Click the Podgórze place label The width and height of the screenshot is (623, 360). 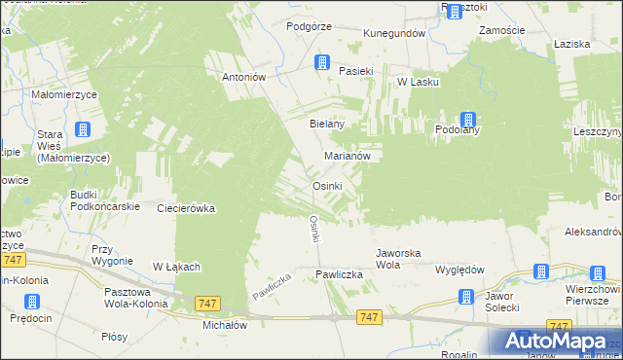(x=310, y=26)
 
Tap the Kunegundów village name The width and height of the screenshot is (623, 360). (x=395, y=33)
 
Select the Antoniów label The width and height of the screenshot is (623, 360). (x=244, y=78)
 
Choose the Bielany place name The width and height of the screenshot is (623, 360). (x=327, y=125)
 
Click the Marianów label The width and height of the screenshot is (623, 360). (x=347, y=156)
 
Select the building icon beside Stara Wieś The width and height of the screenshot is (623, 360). (x=83, y=128)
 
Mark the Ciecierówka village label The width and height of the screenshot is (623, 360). (x=185, y=208)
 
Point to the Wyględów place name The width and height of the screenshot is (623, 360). (x=460, y=270)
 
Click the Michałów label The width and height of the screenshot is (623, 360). (x=225, y=326)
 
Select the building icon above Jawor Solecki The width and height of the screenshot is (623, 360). (x=543, y=272)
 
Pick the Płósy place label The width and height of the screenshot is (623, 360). (x=114, y=336)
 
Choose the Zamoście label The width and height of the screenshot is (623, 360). (x=503, y=31)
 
